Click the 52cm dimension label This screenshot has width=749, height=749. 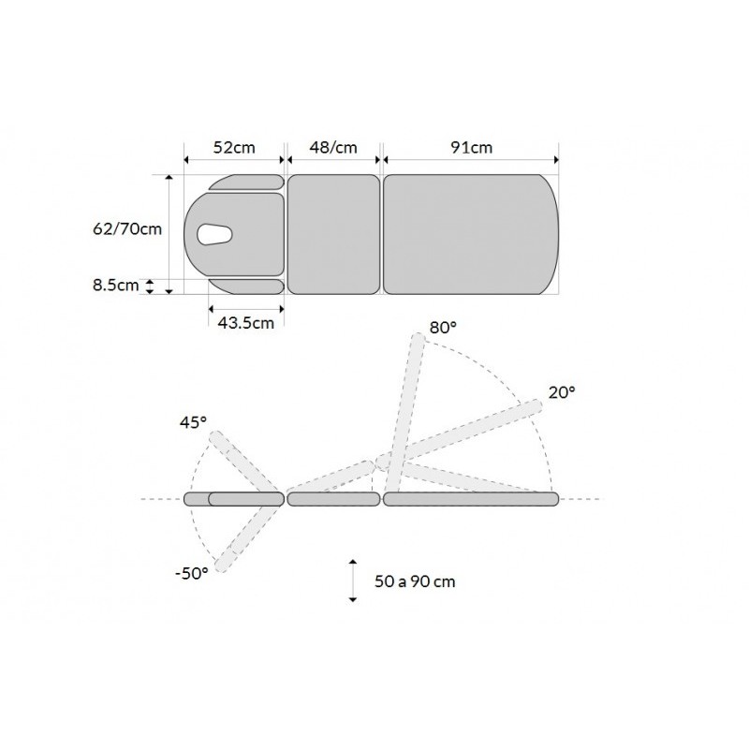click(x=234, y=148)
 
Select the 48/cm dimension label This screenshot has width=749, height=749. click(x=333, y=148)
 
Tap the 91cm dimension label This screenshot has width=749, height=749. click(x=472, y=148)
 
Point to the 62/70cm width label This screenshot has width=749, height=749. click(x=127, y=229)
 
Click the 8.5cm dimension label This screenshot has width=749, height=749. click(x=115, y=286)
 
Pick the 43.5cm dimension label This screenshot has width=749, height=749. click(x=246, y=323)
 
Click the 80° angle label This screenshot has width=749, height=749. click(x=443, y=328)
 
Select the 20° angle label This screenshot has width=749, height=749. click(x=562, y=392)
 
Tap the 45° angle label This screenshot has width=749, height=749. click(x=193, y=423)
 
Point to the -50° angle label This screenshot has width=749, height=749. click(x=192, y=573)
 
